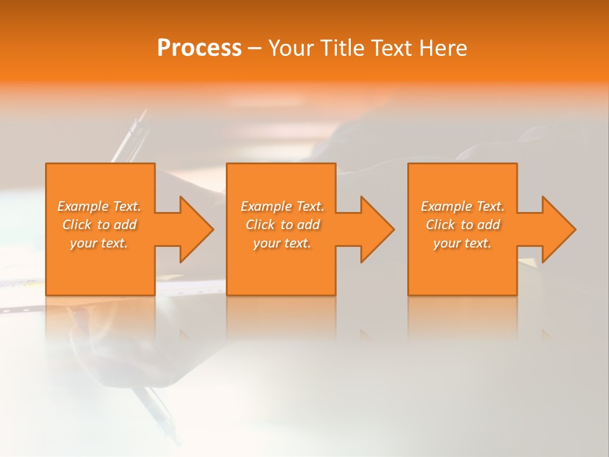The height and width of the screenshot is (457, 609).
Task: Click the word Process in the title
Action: (x=199, y=48)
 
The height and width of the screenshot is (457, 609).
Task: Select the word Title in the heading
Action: (x=342, y=48)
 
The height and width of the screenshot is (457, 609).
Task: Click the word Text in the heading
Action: (x=391, y=48)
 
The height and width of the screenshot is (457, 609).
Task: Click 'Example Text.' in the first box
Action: (x=99, y=206)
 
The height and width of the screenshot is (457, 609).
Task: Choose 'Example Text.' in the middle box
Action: (x=282, y=206)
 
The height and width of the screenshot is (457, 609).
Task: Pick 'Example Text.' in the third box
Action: (x=462, y=206)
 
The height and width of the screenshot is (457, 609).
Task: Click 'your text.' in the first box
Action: (x=99, y=243)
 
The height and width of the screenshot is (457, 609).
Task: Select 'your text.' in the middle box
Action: (x=282, y=243)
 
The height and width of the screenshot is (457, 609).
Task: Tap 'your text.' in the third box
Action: (x=462, y=243)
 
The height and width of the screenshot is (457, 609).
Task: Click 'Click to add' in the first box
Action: (x=99, y=225)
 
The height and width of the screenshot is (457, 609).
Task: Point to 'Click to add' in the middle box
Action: (x=282, y=225)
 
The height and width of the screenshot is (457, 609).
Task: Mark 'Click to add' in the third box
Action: (x=462, y=225)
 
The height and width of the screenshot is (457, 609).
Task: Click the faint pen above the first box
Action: (x=132, y=136)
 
